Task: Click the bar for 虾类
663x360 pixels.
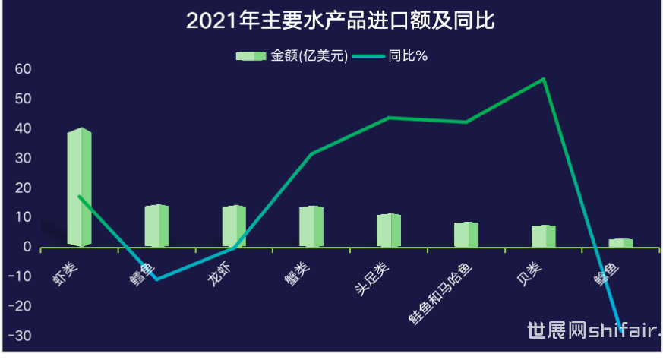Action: click(x=79, y=188)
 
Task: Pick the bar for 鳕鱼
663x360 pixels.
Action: click(x=156, y=226)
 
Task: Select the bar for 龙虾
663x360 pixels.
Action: click(x=234, y=226)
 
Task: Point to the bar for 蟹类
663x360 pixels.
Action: click(x=311, y=226)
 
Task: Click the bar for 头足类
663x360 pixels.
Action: click(x=389, y=230)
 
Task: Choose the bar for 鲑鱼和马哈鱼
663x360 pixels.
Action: click(x=466, y=235)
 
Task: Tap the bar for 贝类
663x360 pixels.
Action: click(x=544, y=236)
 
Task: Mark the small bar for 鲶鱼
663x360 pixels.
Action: click(x=620, y=243)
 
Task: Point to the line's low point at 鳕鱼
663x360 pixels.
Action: click(x=156, y=279)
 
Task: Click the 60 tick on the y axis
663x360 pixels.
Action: click(x=23, y=69)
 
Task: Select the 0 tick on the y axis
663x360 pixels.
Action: click(x=27, y=248)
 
